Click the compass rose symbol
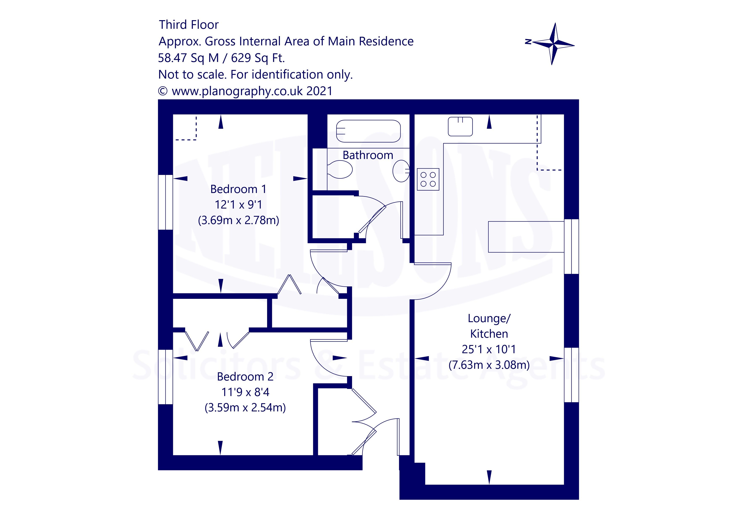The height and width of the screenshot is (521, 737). pyautogui.click(x=553, y=44)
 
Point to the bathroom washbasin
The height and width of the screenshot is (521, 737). pyautogui.click(x=401, y=170)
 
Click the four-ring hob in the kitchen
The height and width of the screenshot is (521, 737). pyautogui.click(x=428, y=179)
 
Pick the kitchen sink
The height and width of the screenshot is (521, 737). pyautogui.click(x=460, y=126)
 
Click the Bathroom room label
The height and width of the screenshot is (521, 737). pyautogui.click(x=368, y=155)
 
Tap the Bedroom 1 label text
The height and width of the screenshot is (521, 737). pyautogui.click(x=238, y=189)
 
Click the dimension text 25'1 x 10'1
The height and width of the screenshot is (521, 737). pyautogui.click(x=489, y=349)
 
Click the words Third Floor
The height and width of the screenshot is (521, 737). pyautogui.click(x=189, y=25)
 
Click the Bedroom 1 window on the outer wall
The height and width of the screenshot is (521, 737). pyautogui.click(x=166, y=202)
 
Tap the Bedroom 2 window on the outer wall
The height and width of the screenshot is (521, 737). pyautogui.click(x=166, y=377)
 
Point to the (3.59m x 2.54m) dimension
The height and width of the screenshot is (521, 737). pyautogui.click(x=245, y=408)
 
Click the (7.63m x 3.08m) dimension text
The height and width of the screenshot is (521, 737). pyautogui.click(x=489, y=365)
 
